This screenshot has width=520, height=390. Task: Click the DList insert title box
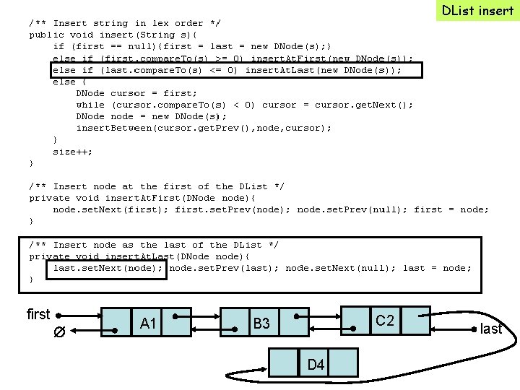click(x=477, y=10)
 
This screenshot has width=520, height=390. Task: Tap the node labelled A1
click(x=148, y=323)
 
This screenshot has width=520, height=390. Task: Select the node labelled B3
click(x=261, y=324)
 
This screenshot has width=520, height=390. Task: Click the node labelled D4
click(x=316, y=364)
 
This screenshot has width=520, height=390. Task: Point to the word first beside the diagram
click(x=38, y=314)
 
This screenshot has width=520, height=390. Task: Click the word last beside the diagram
click(x=491, y=329)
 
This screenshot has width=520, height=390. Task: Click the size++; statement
click(x=72, y=152)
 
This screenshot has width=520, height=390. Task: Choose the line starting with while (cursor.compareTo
click(x=244, y=105)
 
